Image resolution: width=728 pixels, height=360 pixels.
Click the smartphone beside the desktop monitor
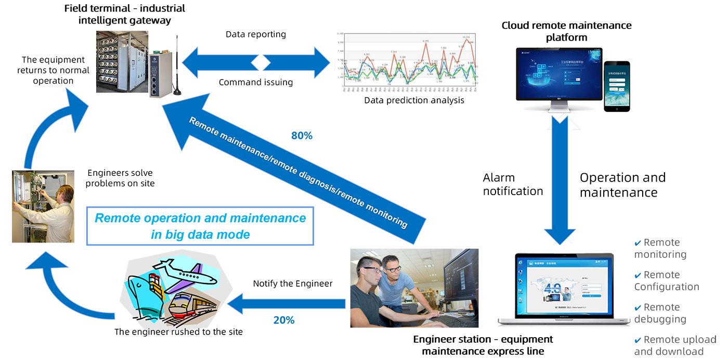[x=617, y=85]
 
